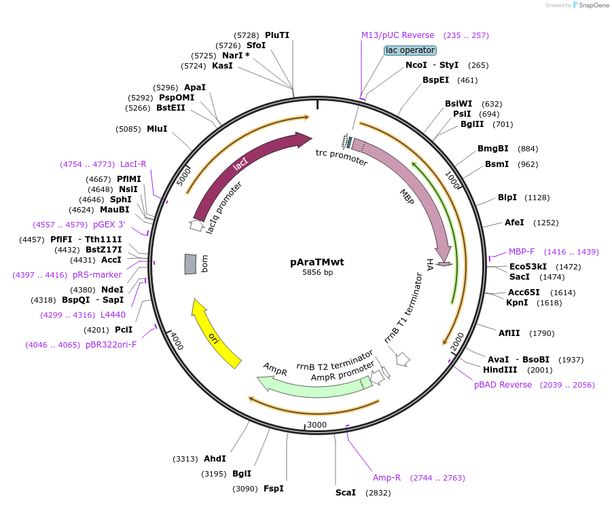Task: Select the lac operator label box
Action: click(410, 50)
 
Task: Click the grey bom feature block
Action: click(191, 264)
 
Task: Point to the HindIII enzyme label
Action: click(500, 370)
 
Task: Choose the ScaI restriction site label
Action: click(345, 492)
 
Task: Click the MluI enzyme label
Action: click(157, 128)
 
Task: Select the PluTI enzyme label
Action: click(277, 35)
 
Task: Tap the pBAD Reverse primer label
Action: click(503, 385)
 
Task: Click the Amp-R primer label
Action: click(386, 478)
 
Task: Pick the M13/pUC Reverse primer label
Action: click(397, 35)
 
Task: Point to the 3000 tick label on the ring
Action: click(317, 424)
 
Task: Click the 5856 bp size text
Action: click(318, 272)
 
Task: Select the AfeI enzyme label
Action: click(514, 223)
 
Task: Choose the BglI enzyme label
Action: click(242, 474)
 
